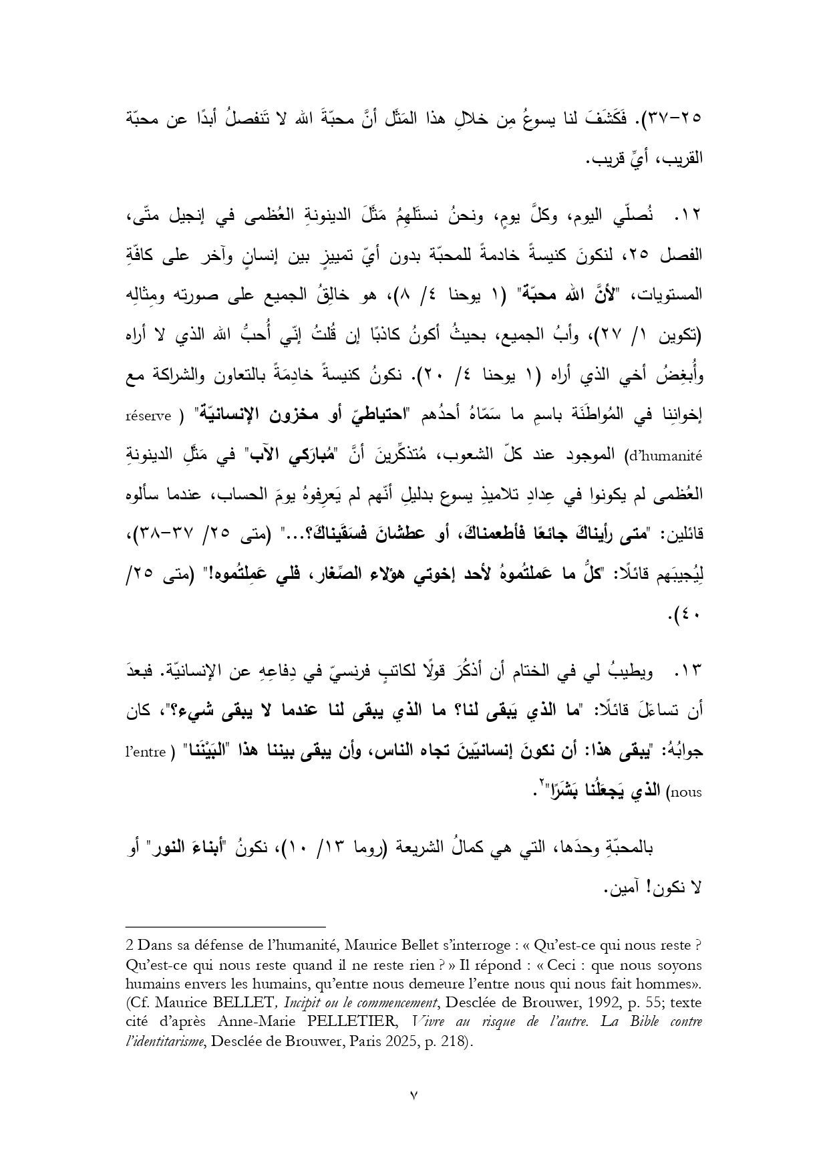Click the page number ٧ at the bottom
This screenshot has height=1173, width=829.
[x=414, y=1095]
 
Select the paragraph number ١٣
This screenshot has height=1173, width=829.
[x=689, y=671]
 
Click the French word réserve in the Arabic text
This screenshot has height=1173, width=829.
[x=148, y=416]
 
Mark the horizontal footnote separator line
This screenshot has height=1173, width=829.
[x=225, y=927]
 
